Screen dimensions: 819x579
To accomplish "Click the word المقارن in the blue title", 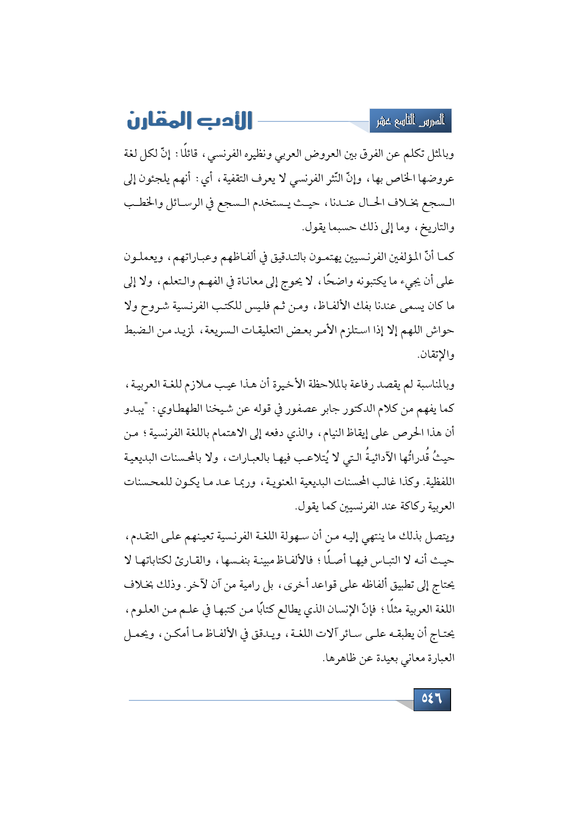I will tap(156, 121).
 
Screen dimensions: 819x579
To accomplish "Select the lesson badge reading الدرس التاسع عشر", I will tap(410, 121).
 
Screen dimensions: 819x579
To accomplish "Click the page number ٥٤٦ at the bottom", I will tap(431, 699).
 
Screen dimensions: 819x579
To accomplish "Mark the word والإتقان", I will tap(437, 355).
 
